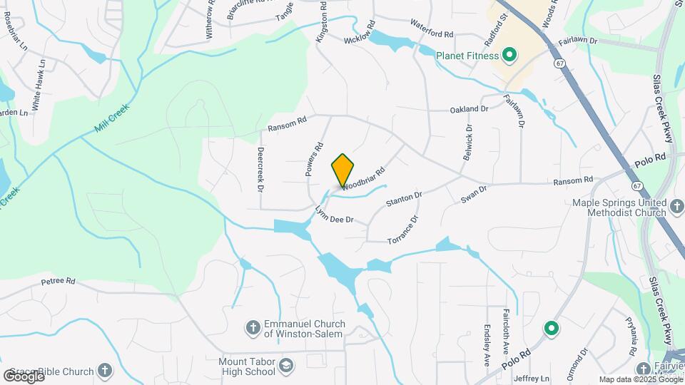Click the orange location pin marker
pos(342,170)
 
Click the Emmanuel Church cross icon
pos(252,328)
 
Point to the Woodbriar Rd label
pos(363,179)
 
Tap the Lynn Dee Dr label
pos(335,215)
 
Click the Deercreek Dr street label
pos(260,169)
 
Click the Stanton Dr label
pos(405,198)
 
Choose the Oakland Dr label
pos(469,109)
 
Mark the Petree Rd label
pos(58,281)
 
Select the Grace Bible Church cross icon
pos(105,370)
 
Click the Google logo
pos(24,376)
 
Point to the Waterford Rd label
pos(432,29)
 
